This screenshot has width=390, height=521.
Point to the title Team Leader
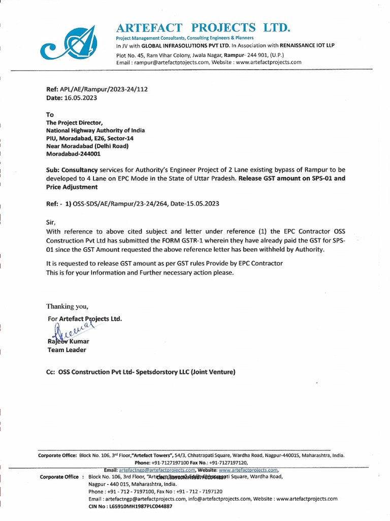pos(67,350)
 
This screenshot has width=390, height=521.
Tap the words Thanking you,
pos(67,306)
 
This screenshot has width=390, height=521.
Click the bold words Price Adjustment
pos(72,187)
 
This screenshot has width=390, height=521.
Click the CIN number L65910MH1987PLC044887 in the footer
pos(130,507)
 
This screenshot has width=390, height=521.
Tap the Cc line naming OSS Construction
pos(141,372)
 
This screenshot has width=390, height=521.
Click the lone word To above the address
pos(50,114)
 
